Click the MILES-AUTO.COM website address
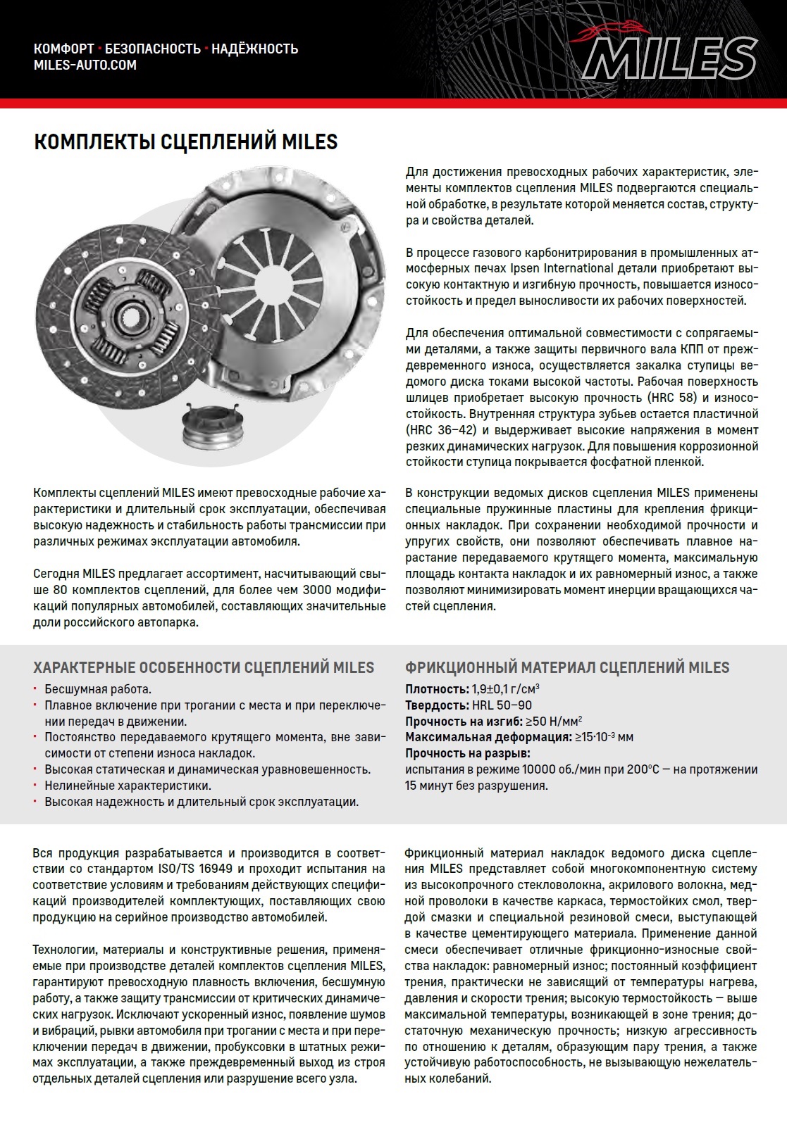coord(85,65)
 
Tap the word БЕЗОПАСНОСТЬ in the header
coord(153,49)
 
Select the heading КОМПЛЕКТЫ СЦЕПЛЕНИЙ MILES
coord(186,142)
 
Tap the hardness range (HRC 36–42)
coord(441,430)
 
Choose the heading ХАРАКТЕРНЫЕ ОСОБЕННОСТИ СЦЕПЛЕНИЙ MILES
coord(204,667)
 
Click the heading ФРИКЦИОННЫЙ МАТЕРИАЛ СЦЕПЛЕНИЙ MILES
coord(567,667)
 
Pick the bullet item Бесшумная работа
coord(98,689)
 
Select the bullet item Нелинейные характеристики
coord(128,786)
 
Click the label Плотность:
coord(437,689)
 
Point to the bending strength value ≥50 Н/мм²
coord(554,722)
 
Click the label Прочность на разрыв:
coord(467,754)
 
